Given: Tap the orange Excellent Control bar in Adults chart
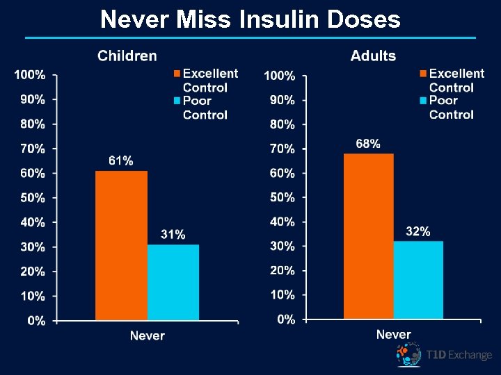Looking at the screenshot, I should point(368,236).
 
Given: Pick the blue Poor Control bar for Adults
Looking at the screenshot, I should point(418,279).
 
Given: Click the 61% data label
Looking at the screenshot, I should point(121,161).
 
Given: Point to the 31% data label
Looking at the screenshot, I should point(173,235).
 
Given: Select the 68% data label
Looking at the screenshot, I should point(368,144).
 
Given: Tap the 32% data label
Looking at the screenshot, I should point(418,231).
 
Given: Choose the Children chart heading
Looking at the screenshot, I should point(127,56).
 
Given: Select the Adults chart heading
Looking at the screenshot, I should point(373,56).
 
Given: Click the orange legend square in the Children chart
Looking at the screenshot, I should point(177,74).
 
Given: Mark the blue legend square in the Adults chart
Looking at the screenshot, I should point(423,101).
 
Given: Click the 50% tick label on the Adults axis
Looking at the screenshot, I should point(282,198).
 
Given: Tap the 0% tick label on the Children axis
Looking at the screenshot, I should point(36,321).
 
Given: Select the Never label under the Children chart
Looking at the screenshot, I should point(148,336).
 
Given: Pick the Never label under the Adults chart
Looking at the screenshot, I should point(394,335).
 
